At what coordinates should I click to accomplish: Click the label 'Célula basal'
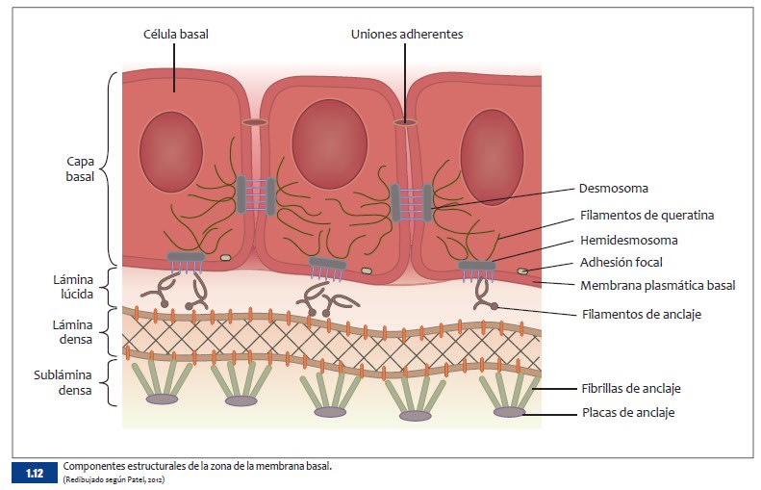tap(174, 34)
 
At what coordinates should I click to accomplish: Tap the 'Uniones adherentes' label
tap(407, 34)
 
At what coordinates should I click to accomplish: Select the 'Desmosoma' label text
tap(614, 189)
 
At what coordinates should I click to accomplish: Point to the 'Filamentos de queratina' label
tap(647, 215)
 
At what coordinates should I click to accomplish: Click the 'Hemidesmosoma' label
tap(628, 240)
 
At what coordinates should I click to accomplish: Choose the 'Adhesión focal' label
tap(621, 262)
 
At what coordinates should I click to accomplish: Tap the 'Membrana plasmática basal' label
tap(657, 285)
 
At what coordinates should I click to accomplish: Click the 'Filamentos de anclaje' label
tap(642, 313)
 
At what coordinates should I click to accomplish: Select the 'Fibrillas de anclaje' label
tap(638, 388)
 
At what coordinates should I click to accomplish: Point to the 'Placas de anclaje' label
tap(627, 412)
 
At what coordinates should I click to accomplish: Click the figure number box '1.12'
tap(35, 472)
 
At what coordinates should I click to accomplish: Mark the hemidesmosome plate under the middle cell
tap(328, 264)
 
